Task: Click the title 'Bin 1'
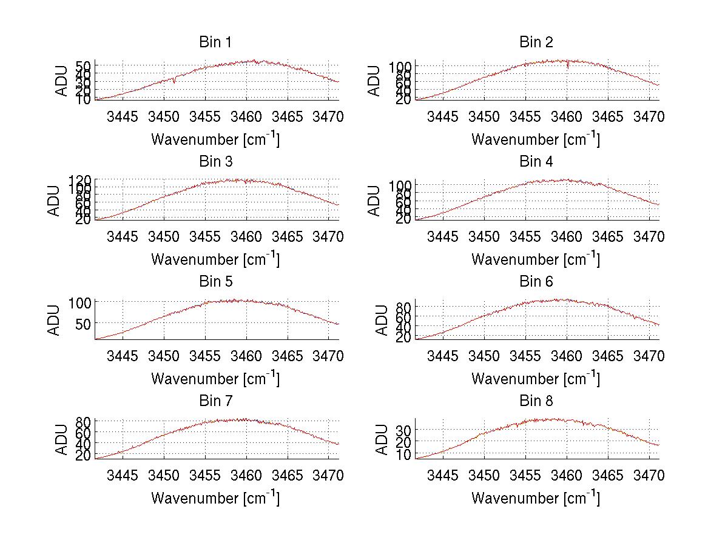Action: [215, 42]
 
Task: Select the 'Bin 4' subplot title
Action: [536, 162]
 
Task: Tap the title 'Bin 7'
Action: [215, 401]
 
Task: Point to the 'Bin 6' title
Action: [536, 282]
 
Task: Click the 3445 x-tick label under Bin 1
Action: [123, 116]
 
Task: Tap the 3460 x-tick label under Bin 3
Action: [246, 236]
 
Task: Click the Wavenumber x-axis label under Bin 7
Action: [215, 498]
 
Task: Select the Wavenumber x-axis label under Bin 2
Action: [536, 139]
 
